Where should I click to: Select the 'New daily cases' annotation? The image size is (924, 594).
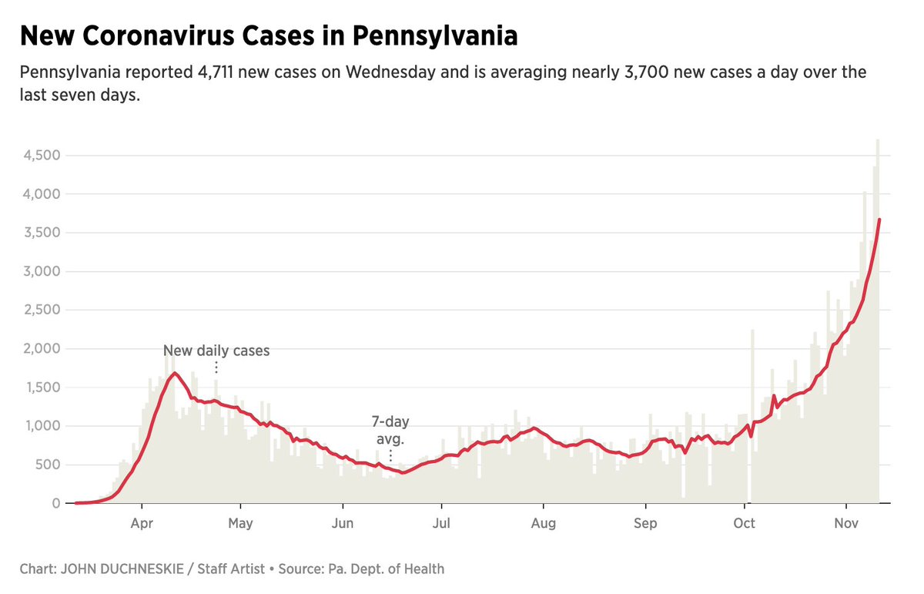(216, 351)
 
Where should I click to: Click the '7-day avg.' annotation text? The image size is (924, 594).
(390, 431)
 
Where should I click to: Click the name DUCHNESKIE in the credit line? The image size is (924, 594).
(136, 569)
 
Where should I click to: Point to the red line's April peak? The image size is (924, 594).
(175, 373)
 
